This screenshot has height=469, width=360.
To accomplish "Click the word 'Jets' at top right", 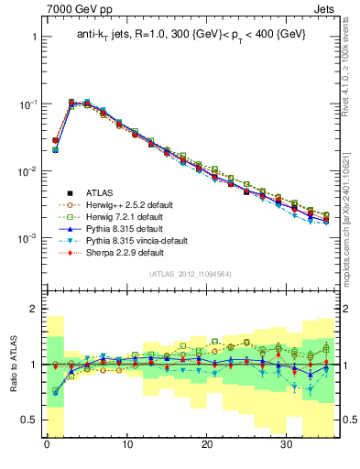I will pos(326,9).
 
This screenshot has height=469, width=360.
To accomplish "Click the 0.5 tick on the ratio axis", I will pos(30,420).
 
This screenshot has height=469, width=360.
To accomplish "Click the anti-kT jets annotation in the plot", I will pos(191,34).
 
